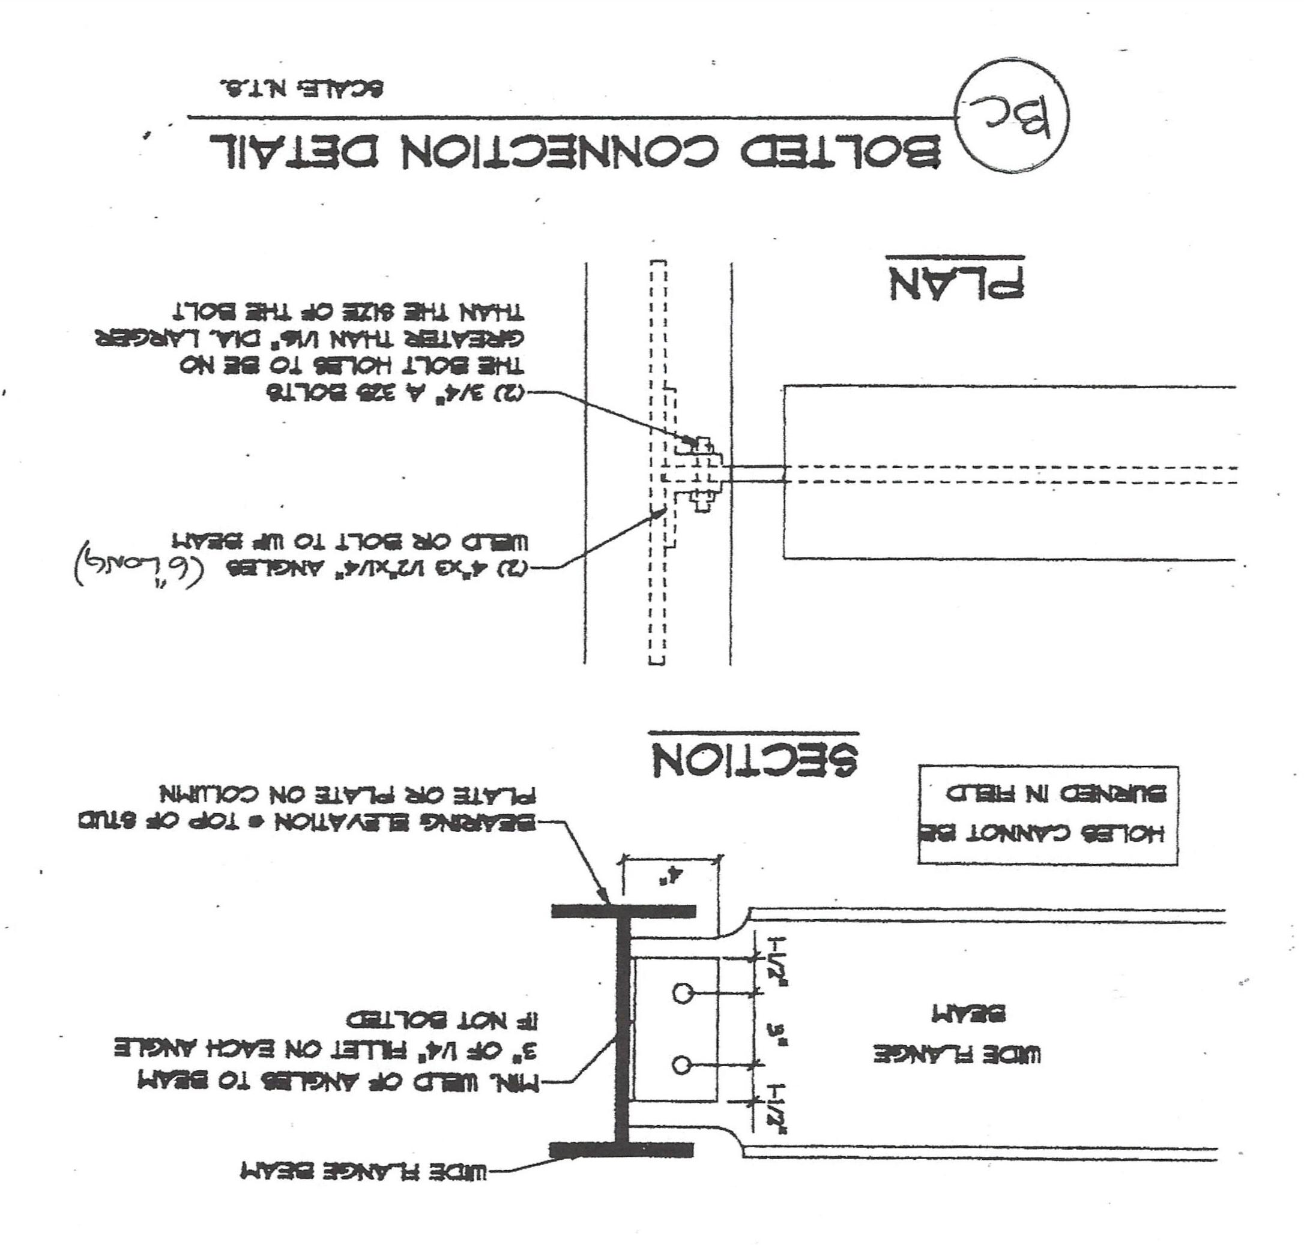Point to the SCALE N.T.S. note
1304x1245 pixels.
[302, 89]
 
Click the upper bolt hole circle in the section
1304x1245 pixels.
[681, 994]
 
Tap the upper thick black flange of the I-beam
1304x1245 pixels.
[624, 911]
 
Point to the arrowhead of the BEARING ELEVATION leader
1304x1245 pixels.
[608, 902]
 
